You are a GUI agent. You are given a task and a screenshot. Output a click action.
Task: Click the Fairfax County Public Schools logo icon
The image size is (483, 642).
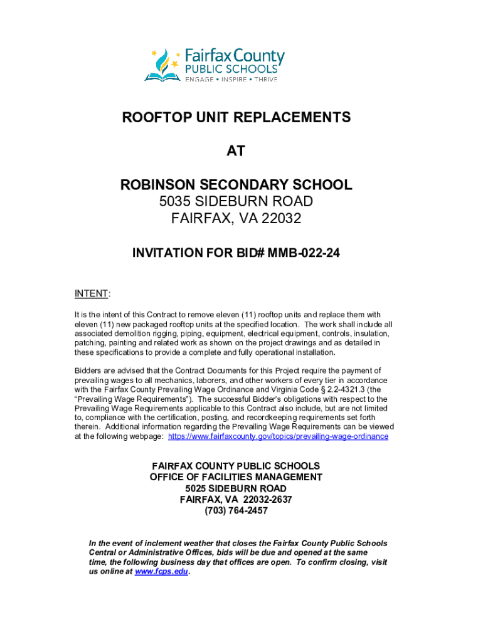coord(162,65)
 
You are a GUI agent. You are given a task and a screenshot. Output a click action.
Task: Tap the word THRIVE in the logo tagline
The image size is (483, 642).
coord(265,80)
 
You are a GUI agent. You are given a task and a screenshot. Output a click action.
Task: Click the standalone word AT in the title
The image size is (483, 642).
coord(236,151)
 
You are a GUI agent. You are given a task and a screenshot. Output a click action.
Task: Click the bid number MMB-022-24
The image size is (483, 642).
coord(304,253)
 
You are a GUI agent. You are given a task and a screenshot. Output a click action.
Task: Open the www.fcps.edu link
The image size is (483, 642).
coord(161,572)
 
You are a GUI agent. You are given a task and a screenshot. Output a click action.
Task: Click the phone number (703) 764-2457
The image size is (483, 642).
coord(236,511)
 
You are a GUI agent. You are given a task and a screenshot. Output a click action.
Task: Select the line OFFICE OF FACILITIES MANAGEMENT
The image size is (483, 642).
coord(236,477)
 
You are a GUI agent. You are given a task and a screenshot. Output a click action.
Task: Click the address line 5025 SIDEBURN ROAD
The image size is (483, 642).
coord(236,488)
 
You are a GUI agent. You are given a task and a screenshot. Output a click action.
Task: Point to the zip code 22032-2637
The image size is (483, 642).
coord(262,500)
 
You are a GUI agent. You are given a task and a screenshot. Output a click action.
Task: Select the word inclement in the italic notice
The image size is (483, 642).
coord(165,543)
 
